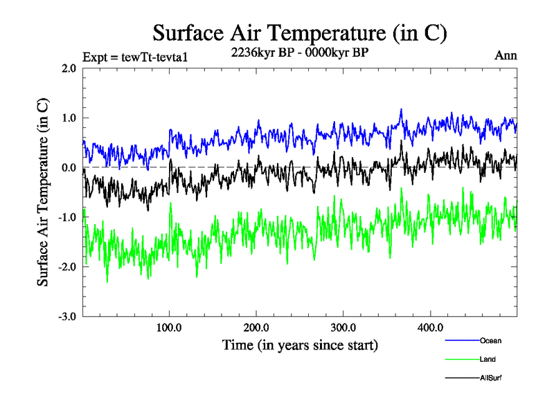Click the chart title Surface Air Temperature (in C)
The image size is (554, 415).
click(x=299, y=33)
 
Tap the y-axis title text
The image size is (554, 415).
click(x=43, y=193)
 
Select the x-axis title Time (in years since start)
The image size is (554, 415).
click(x=300, y=344)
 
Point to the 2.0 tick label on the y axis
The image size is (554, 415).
click(x=69, y=68)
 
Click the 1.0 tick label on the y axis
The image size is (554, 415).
click(x=69, y=118)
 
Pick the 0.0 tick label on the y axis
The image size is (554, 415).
click(x=69, y=167)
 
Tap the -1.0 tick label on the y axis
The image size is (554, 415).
click(x=67, y=217)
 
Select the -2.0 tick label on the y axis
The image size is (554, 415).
click(x=67, y=267)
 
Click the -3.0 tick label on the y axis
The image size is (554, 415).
click(x=67, y=317)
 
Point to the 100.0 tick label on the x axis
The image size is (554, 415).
click(x=170, y=326)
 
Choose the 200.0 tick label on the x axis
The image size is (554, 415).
click(x=256, y=326)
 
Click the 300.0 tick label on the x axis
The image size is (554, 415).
click(x=343, y=326)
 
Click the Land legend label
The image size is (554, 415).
click(x=488, y=359)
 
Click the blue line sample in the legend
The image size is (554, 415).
click(x=461, y=340)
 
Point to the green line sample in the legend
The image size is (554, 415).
click(x=461, y=359)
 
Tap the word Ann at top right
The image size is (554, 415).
click(x=505, y=55)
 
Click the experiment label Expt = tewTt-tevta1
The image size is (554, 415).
click(x=135, y=57)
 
